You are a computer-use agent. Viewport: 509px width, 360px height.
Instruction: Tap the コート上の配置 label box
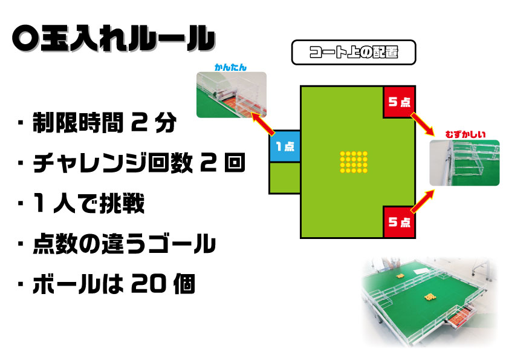[x=354, y=53]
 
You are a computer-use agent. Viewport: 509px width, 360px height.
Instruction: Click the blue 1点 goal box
[x=285, y=146]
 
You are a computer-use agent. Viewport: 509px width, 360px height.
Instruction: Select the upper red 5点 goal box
[x=399, y=102]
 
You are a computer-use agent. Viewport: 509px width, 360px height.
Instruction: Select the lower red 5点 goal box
[x=399, y=222]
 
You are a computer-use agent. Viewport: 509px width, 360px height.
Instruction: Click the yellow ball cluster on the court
[x=354, y=162]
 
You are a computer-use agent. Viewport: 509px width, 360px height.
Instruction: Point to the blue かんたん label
[x=231, y=68]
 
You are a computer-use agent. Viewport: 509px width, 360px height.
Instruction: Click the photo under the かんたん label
[x=232, y=94]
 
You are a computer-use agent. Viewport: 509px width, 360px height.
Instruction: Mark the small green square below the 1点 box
[x=285, y=177]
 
